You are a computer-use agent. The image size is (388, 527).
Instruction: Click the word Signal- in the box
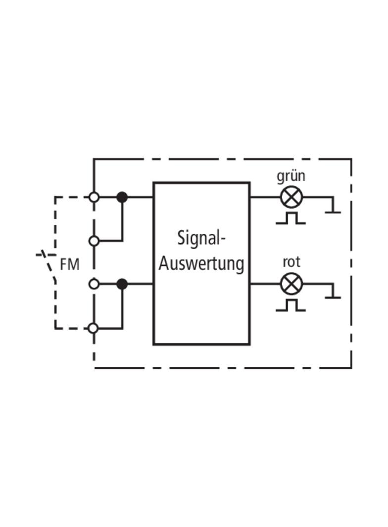pos(201,238)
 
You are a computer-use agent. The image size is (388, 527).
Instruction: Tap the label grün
pos(291,176)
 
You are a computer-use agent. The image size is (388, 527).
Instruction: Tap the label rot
pos(291,262)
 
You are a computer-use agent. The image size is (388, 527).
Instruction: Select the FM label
pos(69,265)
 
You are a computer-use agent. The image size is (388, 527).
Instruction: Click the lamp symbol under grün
pos(291,197)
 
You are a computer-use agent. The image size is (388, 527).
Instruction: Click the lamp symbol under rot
pos(291,284)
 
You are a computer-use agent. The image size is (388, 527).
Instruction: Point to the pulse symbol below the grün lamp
pos(291,218)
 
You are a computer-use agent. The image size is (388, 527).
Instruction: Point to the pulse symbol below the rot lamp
pos(291,305)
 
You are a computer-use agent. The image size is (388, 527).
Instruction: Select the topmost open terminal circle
pos(94,197)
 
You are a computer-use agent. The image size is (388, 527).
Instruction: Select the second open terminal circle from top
pos(94,241)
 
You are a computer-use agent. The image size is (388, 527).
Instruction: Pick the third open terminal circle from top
pos(94,284)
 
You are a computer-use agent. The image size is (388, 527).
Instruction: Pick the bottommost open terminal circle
pos(94,328)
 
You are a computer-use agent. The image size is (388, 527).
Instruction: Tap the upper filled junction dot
pos(122,197)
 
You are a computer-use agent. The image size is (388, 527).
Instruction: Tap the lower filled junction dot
pos(122,284)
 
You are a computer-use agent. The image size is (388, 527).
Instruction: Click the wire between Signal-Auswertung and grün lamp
pos(265,197)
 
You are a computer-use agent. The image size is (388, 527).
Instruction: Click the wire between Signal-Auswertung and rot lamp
pos(265,284)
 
